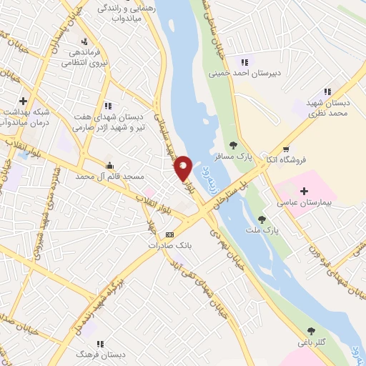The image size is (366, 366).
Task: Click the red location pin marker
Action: coord(183,167)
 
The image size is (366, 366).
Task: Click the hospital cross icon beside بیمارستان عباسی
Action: coord(305,191)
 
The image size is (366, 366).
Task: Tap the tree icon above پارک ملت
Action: coord(262,219)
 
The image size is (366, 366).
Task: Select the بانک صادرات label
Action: coord(169,245)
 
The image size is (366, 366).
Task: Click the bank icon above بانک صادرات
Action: coord(169,234)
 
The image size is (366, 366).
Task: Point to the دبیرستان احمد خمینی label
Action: coord(240,73)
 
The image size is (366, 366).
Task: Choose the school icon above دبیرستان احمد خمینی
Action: coord(245,61)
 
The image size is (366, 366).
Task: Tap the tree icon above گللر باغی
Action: coord(311,330)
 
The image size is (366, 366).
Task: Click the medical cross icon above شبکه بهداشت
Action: coord(24,101)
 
